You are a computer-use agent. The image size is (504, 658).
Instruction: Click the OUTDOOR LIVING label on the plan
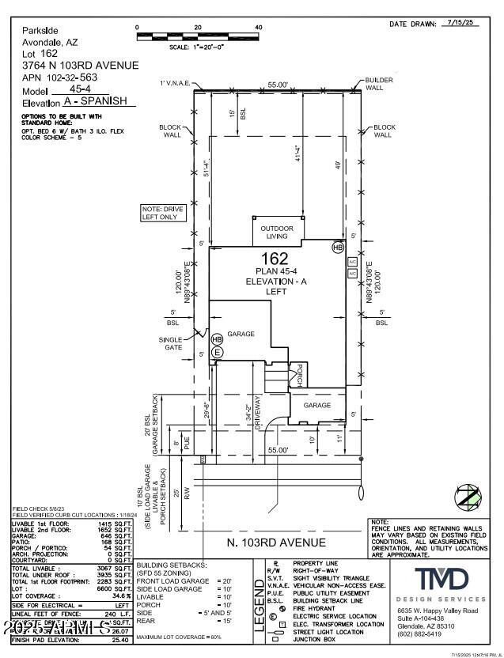(277, 233)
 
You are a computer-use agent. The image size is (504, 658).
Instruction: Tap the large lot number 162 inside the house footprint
(275, 258)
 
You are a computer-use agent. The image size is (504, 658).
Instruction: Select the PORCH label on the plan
(300, 375)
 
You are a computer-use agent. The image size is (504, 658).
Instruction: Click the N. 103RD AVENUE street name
(276, 542)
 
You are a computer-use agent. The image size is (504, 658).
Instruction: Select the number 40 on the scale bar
(258, 28)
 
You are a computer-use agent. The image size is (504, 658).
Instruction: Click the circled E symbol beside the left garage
(217, 351)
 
